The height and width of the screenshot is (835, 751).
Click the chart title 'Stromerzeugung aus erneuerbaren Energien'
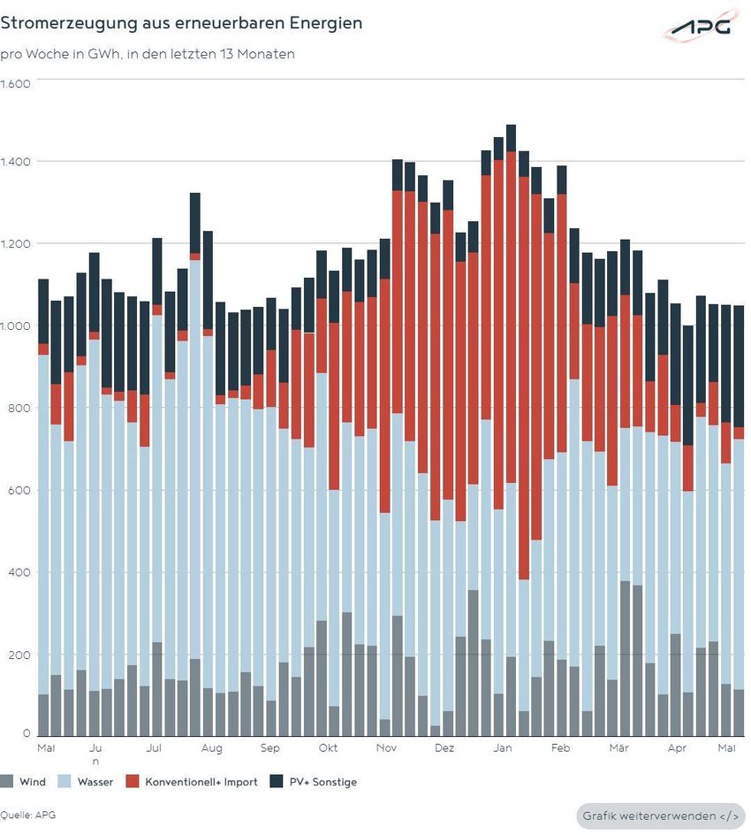click(181, 23)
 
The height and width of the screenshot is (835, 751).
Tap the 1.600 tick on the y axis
click(15, 84)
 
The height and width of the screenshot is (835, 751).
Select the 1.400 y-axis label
click(15, 161)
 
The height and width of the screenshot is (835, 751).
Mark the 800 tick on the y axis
click(19, 408)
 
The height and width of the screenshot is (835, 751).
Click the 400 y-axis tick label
click(19, 572)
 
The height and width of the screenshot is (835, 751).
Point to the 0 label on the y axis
click(27, 733)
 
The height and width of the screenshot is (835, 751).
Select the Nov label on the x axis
click(386, 747)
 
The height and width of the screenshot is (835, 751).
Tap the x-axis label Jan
click(503, 747)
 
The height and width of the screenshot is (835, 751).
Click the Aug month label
click(212, 748)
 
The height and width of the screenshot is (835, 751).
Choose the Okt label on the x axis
click(328, 747)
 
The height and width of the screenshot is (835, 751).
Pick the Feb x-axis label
click(560, 747)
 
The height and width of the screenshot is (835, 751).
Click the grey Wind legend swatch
click(6, 781)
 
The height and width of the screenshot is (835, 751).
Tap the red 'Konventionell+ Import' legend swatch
click(132, 781)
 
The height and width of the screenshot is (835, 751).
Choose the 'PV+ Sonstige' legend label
click(322, 782)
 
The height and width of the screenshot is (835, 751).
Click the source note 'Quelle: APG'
click(27, 815)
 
